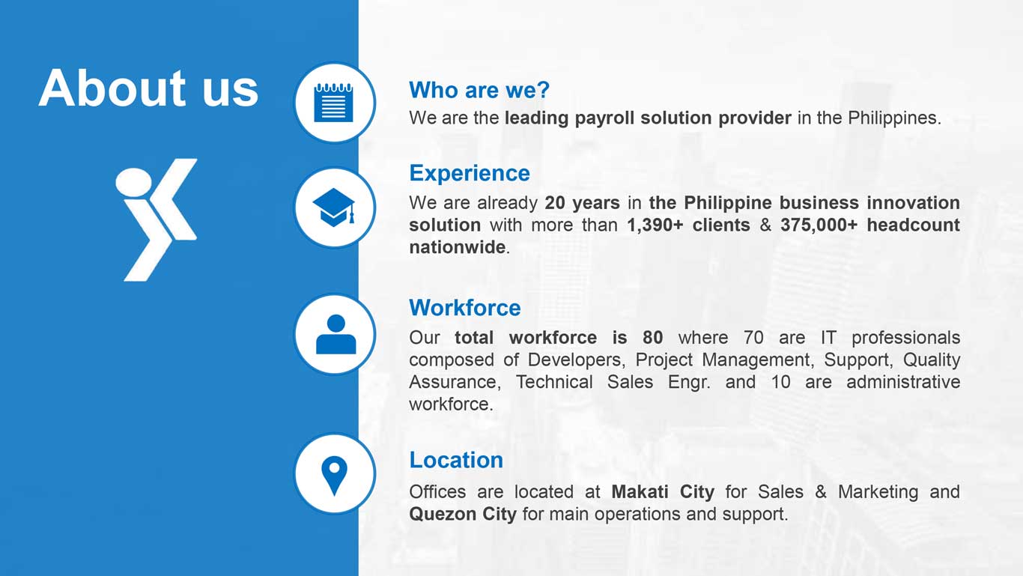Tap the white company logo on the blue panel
click(157, 219)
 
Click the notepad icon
click(334, 103)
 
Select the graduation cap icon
click(334, 207)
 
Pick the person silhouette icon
click(336, 334)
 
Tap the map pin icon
click(334, 476)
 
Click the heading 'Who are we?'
click(479, 90)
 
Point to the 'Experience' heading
click(470, 173)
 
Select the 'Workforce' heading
click(465, 307)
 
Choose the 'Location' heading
click(456, 460)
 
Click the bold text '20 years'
click(583, 203)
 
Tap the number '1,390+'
click(655, 225)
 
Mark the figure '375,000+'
click(819, 225)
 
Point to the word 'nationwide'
click(457, 247)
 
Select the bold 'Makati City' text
click(663, 492)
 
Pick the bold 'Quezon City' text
click(463, 515)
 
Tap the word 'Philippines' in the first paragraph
click(894, 118)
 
